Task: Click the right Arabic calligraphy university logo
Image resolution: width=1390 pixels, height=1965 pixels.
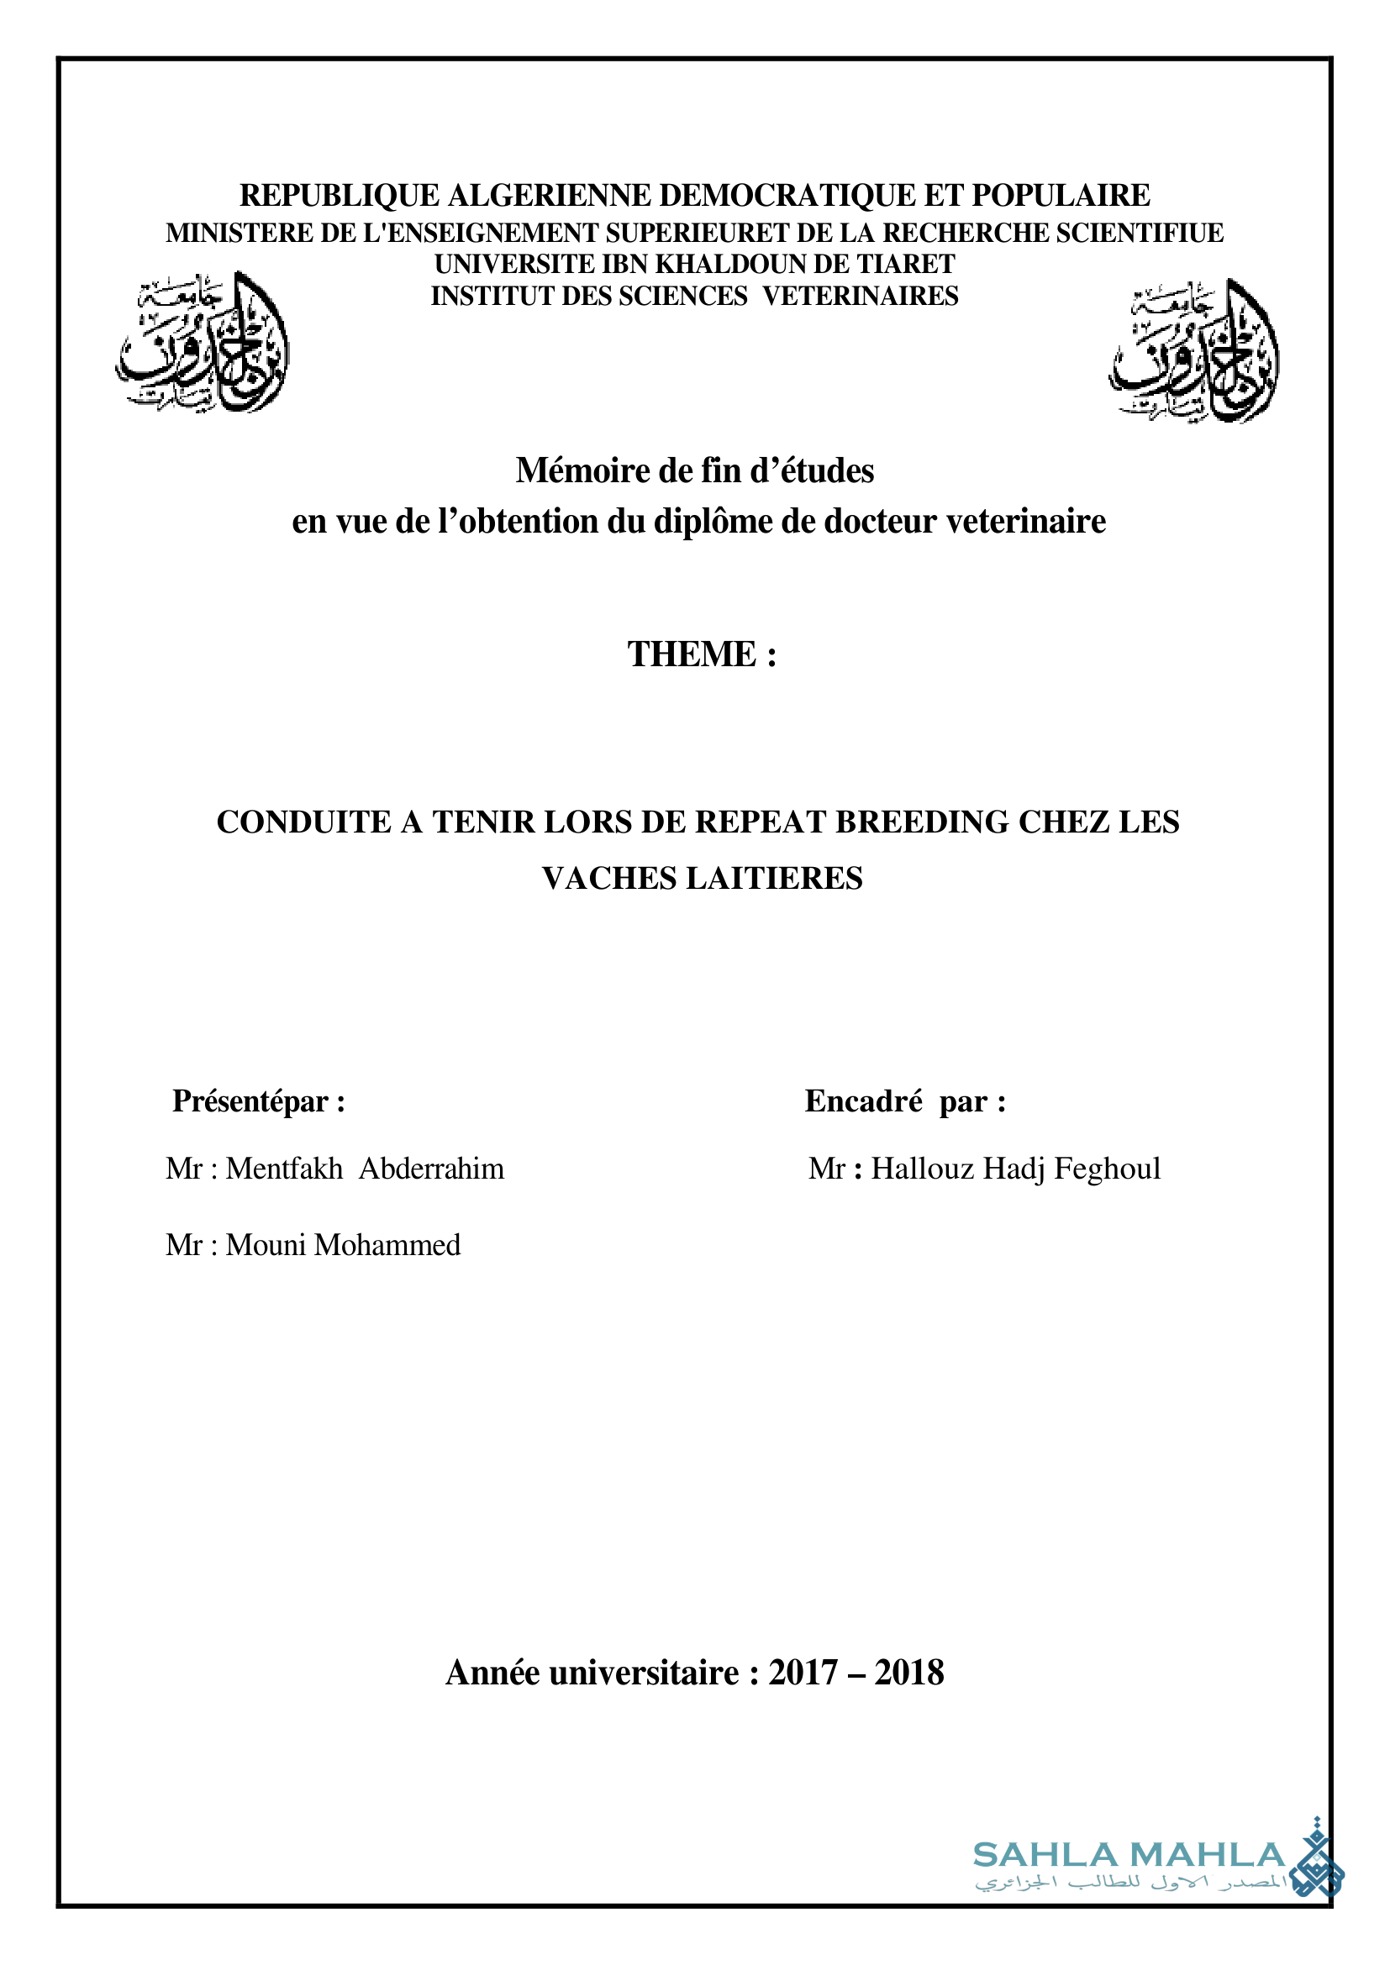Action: [x=1194, y=351]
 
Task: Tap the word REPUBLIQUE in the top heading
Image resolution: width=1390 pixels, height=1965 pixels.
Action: [x=339, y=196]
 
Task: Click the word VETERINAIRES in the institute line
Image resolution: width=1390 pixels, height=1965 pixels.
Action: [x=861, y=296]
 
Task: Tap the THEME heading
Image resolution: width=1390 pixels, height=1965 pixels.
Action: [x=702, y=654]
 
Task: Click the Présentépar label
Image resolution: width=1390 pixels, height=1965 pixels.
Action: [x=259, y=1101]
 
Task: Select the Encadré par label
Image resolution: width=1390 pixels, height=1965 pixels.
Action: [x=905, y=1101]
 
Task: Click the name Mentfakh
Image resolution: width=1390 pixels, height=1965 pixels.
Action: [x=284, y=1169]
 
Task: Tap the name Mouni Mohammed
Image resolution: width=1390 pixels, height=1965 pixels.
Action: [x=342, y=1245]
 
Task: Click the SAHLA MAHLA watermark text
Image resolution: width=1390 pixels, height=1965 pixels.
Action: [x=1129, y=1856]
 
